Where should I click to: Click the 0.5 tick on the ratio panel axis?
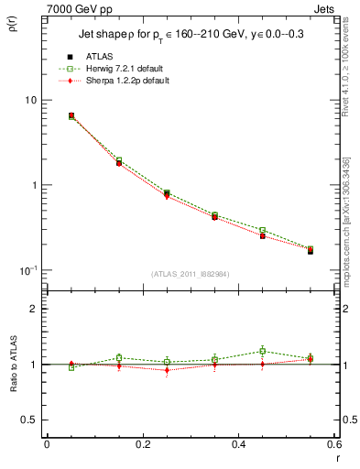[x=31, y=420]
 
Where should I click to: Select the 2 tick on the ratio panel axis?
[x=35, y=309]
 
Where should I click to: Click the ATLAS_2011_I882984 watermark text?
[x=190, y=273]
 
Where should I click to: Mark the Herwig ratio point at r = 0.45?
[x=262, y=351]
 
